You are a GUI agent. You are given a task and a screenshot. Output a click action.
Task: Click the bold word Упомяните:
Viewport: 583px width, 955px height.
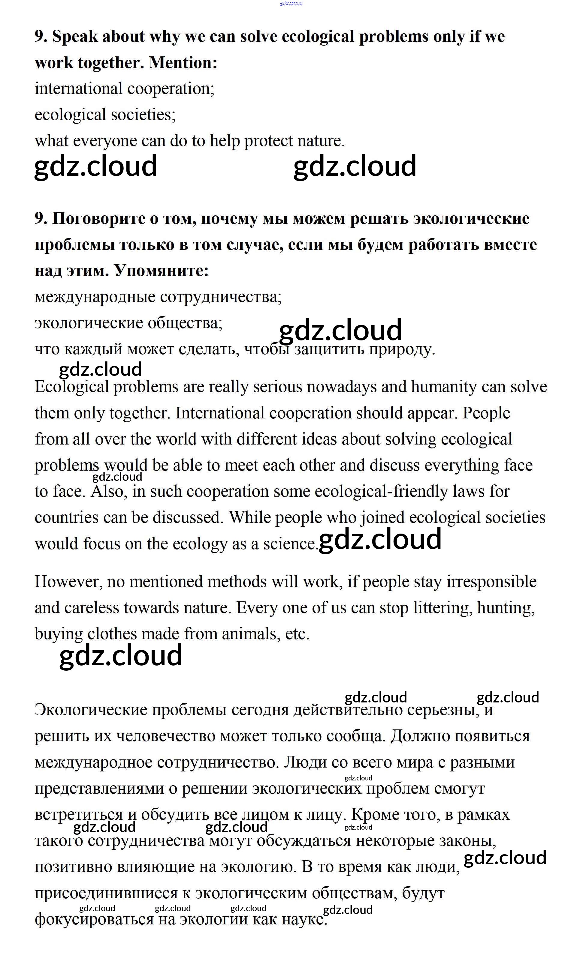(x=162, y=271)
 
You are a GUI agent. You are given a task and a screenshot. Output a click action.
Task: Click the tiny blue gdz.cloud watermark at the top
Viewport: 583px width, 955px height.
(x=291, y=4)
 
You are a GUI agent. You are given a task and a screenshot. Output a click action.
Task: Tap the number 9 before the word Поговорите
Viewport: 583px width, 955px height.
(x=40, y=219)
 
